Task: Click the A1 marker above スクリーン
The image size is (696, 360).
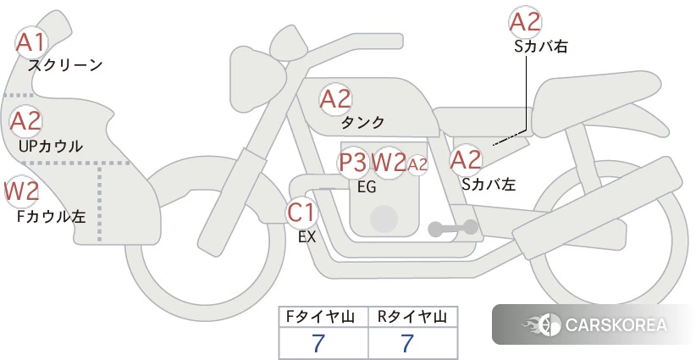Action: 31,42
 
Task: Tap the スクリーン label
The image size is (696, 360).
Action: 65,66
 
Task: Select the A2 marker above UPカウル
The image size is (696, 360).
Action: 25,121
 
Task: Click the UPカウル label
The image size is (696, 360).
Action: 51,146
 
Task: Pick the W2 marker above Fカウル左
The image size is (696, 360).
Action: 21,191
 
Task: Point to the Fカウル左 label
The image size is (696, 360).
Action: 51,217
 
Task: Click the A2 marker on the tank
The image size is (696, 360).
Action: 335,99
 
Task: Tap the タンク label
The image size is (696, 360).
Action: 362,122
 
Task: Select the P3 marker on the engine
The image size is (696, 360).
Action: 353,163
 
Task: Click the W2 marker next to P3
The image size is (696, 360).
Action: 389,163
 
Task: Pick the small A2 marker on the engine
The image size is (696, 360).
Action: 417,164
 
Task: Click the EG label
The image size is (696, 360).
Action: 367,187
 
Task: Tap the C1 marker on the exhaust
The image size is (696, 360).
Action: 301,212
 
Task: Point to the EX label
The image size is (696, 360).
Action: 307,237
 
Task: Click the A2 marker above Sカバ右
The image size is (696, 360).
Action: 526,22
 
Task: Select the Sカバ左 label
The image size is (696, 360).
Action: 489,184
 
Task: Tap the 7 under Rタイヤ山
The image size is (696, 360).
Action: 407,343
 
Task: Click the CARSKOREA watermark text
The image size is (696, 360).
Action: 616,324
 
